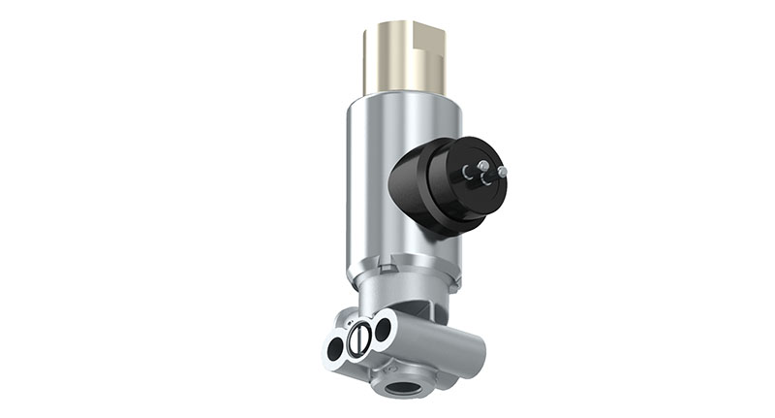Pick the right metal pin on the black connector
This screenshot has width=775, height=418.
(501, 172)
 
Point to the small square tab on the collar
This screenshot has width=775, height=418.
(388, 260)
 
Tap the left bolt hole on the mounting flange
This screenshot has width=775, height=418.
(334, 345)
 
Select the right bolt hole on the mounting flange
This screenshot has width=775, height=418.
(383, 328)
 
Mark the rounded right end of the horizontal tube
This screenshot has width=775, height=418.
(477, 343)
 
